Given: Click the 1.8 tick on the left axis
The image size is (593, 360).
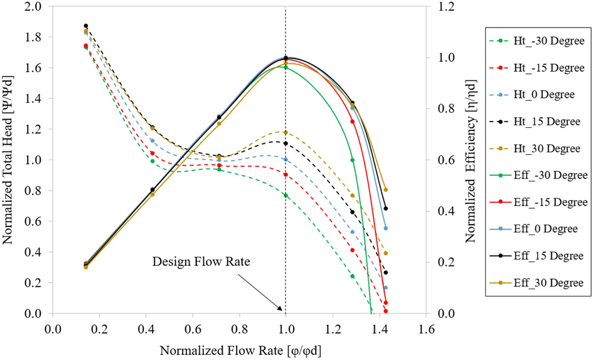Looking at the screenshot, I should tap(32, 38).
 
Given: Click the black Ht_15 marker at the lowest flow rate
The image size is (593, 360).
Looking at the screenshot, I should tap(86, 26).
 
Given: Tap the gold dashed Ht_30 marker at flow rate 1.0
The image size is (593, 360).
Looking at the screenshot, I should tap(286, 132).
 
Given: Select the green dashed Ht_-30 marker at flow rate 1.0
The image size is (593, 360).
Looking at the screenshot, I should tap(286, 195).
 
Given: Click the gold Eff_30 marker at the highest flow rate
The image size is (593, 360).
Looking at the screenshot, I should tap(386, 189).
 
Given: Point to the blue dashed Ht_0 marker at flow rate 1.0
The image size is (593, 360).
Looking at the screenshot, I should tap(286, 159).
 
